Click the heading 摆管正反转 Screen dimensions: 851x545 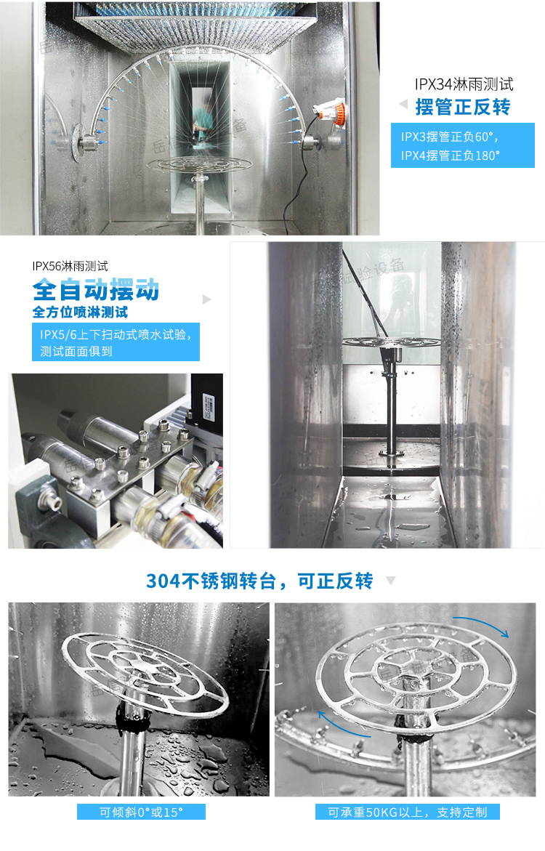point(463,108)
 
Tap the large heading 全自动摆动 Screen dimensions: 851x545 point(96,290)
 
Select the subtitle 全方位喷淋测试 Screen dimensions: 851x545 point(80,312)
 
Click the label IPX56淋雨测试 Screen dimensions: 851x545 point(70,266)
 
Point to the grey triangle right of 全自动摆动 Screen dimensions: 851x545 point(207,299)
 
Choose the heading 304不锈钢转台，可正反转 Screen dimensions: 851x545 point(259,581)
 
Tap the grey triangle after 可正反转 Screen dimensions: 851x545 point(390,581)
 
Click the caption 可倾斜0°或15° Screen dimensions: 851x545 point(141,812)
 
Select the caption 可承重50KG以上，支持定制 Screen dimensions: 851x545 point(407,812)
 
